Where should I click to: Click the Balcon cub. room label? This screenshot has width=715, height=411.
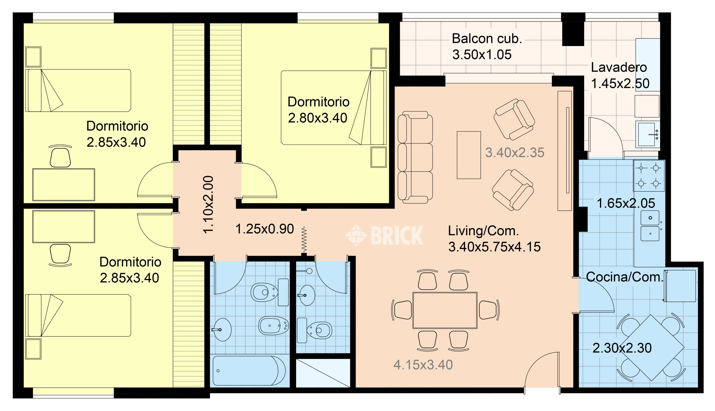coord(487,39)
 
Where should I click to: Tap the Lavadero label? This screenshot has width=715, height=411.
coord(619,67)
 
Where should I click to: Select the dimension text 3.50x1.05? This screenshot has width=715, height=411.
coord(482,55)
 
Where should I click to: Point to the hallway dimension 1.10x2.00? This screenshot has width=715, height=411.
coord(208,204)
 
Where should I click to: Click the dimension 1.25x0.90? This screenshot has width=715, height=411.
coord(265,229)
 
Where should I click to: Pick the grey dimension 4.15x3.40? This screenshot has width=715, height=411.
coord(423,365)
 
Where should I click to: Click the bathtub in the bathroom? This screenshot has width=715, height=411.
coord(249,371)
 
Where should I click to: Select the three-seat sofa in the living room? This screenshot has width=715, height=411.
coord(415,157)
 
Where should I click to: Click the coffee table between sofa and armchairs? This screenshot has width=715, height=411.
coord(469,155)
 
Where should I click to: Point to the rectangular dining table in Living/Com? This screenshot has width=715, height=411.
coord(445,310)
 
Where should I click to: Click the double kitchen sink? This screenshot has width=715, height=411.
coord(650,226)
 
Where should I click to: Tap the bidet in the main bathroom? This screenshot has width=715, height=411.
coord(273,325)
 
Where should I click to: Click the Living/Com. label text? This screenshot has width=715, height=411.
coord(484,231)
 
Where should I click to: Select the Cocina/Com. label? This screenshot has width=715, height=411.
coord(624,277)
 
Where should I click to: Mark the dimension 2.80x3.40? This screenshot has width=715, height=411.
coord(317,118)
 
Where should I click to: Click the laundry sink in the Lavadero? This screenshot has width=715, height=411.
coord(648,134)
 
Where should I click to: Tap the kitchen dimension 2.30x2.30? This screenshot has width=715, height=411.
coord(622,348)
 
